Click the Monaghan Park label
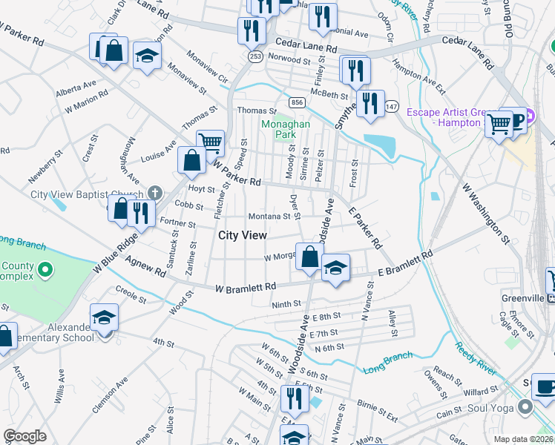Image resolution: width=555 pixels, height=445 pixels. (285, 131)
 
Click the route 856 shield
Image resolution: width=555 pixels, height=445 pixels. (298, 102)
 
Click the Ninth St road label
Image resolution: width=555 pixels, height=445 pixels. (286, 304)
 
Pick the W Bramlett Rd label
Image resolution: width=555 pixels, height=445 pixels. (246, 287)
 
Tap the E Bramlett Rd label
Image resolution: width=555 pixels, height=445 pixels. (406, 265)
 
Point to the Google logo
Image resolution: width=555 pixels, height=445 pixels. (24, 435)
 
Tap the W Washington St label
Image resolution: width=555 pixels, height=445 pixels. (485, 215)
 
